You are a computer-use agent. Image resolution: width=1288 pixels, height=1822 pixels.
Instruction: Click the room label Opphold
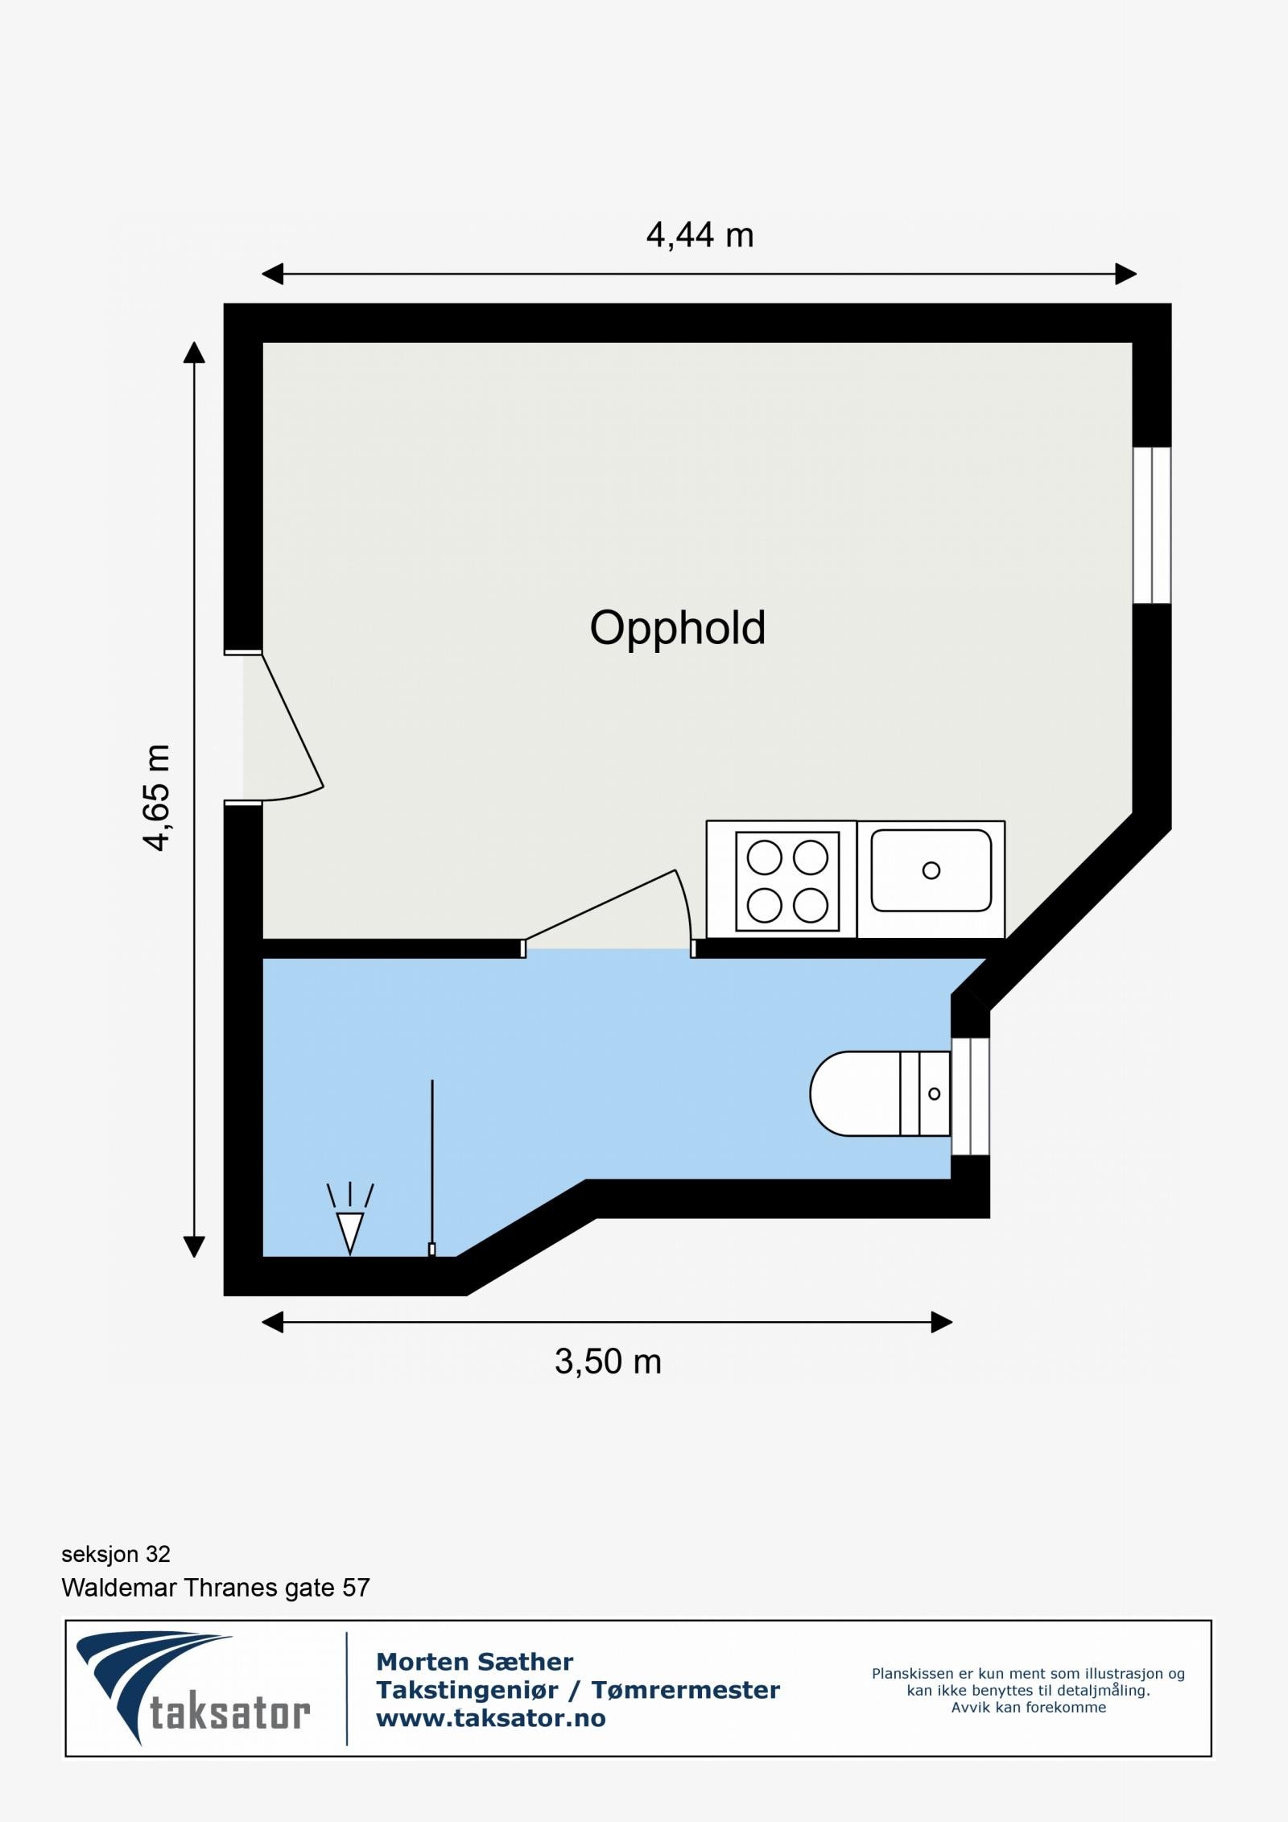pos(677,628)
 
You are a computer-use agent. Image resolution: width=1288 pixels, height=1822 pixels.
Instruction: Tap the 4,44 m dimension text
pos(700,235)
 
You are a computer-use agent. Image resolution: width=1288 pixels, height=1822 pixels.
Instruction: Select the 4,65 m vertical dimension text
pos(157,797)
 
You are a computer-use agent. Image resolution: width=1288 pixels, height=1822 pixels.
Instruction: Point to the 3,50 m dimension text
pos(608,1361)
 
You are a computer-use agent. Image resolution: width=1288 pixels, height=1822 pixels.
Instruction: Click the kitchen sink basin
pos(931,870)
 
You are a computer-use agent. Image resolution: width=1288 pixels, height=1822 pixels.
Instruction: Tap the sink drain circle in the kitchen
pos(931,870)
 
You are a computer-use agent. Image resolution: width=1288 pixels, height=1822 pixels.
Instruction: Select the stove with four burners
pos(786,882)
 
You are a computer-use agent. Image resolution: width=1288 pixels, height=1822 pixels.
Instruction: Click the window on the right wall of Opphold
pos(1151,525)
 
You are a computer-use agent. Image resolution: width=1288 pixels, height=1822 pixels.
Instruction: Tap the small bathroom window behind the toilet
pos(970,1097)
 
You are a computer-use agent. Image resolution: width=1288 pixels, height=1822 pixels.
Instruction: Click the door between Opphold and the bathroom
pos(608,910)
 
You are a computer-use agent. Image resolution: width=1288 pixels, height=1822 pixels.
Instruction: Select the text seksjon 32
pos(116,1554)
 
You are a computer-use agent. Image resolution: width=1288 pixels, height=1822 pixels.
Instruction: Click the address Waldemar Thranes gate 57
pos(216,1588)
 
